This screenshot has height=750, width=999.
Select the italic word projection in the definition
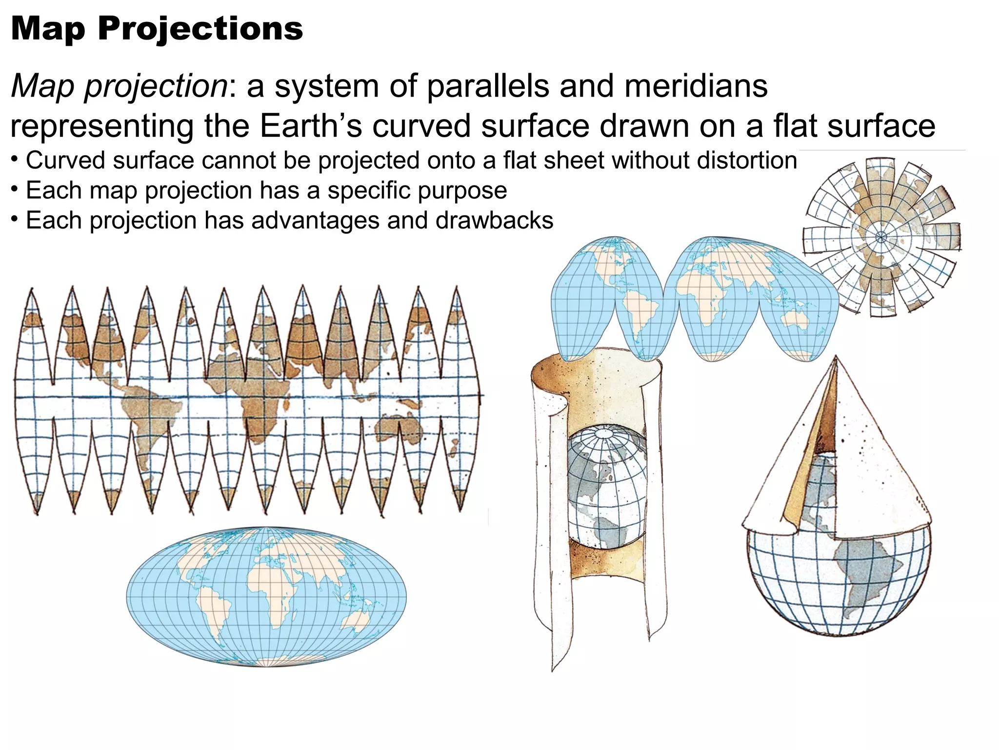[x=156, y=86]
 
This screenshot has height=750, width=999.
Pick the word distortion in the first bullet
[x=747, y=161]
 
